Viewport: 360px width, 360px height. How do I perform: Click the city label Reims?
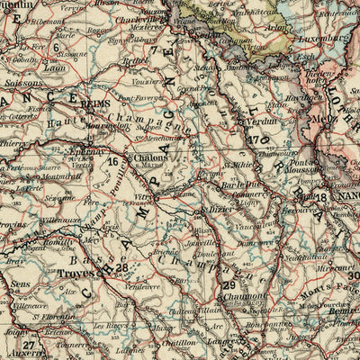point(94,104)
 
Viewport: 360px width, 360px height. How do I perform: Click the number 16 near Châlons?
point(112,162)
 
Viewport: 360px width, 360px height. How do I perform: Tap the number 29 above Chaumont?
point(228,286)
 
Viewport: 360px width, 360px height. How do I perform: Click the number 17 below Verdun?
point(257,139)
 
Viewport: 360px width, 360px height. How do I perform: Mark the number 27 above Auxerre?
point(30,345)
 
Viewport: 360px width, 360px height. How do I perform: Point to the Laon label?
point(55,67)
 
